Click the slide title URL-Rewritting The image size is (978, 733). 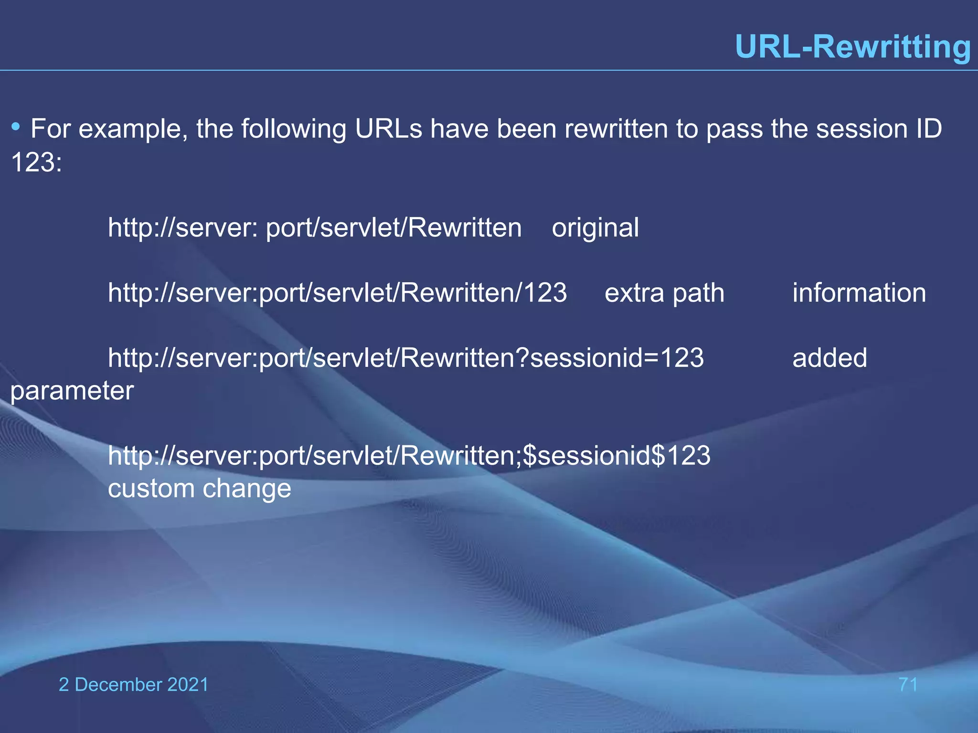coord(853,47)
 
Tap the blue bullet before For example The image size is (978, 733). coord(16,127)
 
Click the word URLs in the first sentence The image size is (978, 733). coord(388,129)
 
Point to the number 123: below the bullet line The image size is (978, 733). coord(36,162)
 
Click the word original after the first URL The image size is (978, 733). coord(595,228)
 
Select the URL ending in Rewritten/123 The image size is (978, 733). coord(337,293)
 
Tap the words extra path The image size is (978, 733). coord(664,293)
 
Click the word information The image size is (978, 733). coord(859,293)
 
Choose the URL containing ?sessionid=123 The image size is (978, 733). coord(405,358)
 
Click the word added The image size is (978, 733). coord(829,358)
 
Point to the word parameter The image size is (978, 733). coord(72,391)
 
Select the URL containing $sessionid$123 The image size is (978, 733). coord(409,455)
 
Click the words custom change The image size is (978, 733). coord(199,488)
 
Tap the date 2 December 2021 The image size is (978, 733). coord(134,684)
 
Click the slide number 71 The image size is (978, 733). coord(908,684)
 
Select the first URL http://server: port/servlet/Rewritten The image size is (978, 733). coord(314,228)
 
